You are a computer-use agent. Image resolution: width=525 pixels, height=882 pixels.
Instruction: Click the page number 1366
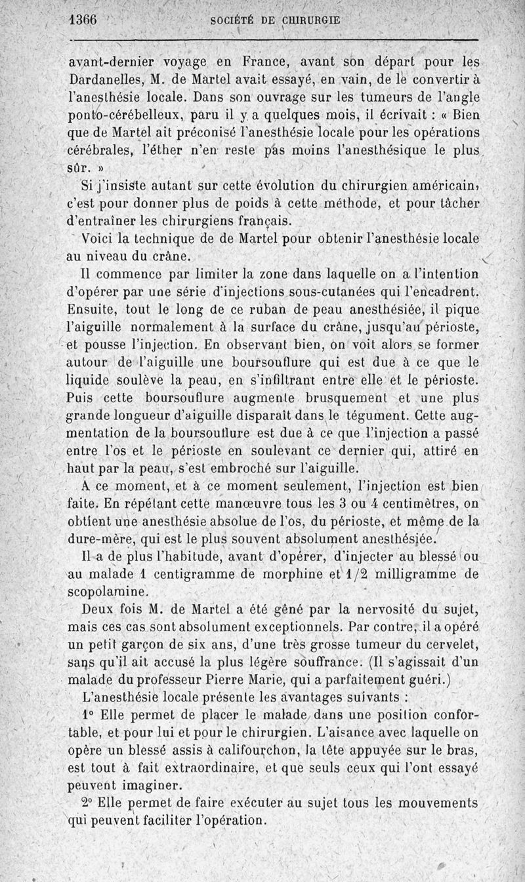[83, 20]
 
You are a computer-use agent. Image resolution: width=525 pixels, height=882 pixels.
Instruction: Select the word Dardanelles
[105, 82]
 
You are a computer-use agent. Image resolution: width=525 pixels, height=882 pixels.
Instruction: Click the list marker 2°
[90, 803]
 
